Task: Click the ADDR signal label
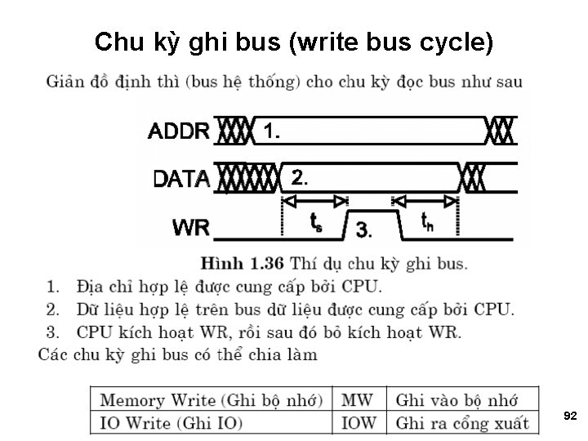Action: (180, 131)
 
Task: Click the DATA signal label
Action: (182, 178)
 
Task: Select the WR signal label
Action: (191, 228)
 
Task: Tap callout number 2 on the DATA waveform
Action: (301, 177)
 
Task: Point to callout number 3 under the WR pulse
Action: (364, 231)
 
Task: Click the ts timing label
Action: (316, 221)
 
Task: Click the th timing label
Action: (426, 220)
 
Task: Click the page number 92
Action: (570, 416)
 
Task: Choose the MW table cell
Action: (357, 400)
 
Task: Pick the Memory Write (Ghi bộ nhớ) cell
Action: (212, 400)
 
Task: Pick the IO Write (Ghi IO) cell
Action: (171, 423)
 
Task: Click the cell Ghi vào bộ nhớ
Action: (457, 400)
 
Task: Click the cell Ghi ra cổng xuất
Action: (462, 423)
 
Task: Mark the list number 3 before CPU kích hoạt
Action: (54, 332)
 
